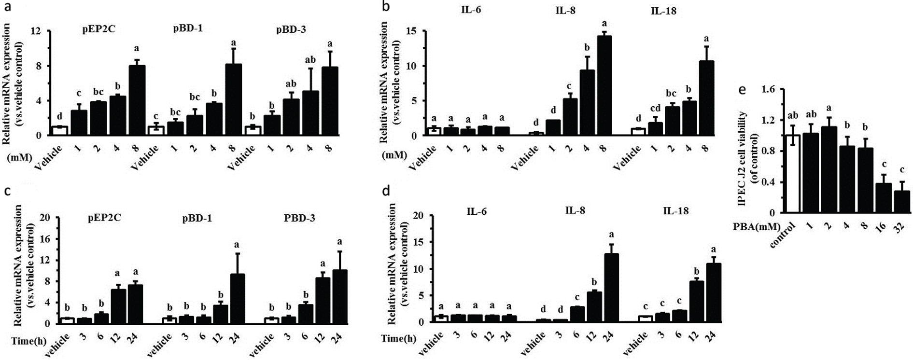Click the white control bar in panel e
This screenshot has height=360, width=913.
click(x=793, y=174)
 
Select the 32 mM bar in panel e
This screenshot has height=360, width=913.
click(x=901, y=202)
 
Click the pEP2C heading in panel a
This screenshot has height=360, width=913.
click(x=98, y=29)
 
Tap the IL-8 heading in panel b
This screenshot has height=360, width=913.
click(x=566, y=11)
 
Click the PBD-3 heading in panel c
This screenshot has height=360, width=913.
click(x=299, y=218)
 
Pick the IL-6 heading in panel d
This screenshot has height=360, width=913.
click(x=476, y=210)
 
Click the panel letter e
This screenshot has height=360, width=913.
click(x=742, y=90)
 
